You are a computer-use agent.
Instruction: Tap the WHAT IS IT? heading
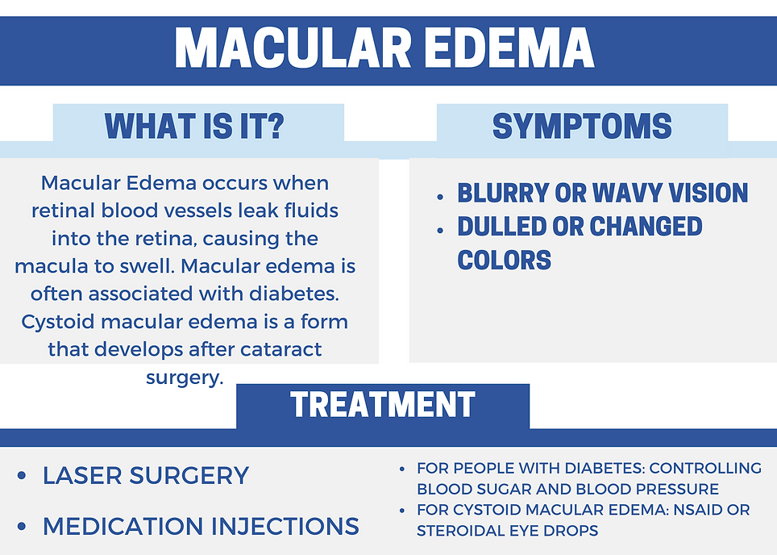194,127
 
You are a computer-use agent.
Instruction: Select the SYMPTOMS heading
582,127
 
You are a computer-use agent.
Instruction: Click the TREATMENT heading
383,404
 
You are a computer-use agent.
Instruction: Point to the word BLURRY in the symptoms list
497,194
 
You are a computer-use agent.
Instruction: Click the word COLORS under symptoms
505,260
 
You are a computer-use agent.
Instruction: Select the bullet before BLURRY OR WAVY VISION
440,196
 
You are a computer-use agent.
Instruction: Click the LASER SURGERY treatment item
146,475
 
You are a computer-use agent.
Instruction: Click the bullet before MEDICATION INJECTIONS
22,528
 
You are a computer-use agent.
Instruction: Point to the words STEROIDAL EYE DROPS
506,531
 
